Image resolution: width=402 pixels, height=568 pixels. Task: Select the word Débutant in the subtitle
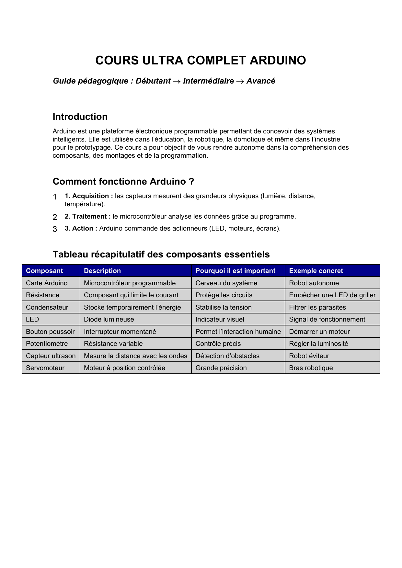point(153,81)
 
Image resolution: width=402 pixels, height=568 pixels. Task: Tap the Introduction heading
point(80,117)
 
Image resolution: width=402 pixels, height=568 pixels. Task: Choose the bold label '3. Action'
point(81,228)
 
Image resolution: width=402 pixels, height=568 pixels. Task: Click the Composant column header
point(44,271)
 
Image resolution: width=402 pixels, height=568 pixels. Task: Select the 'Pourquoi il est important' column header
point(235,271)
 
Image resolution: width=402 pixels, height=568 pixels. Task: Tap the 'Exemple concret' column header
point(316,271)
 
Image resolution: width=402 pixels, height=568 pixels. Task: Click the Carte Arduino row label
point(47,283)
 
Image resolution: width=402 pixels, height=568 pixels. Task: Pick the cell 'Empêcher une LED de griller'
point(332,295)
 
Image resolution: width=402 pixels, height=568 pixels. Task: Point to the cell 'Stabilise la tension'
point(224,307)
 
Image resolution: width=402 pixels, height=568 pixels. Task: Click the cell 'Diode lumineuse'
point(109,319)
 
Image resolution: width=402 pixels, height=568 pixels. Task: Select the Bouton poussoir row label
point(50,332)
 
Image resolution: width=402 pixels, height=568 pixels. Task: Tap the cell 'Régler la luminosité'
point(318,344)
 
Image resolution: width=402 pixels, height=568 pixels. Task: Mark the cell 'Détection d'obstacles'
point(227,356)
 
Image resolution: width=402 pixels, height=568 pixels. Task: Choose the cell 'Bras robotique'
point(311,368)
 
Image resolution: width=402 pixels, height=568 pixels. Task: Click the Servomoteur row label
point(45,368)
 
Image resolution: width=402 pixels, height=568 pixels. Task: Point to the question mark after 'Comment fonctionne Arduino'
point(191,181)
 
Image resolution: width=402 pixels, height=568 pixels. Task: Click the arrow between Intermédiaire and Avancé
point(240,81)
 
